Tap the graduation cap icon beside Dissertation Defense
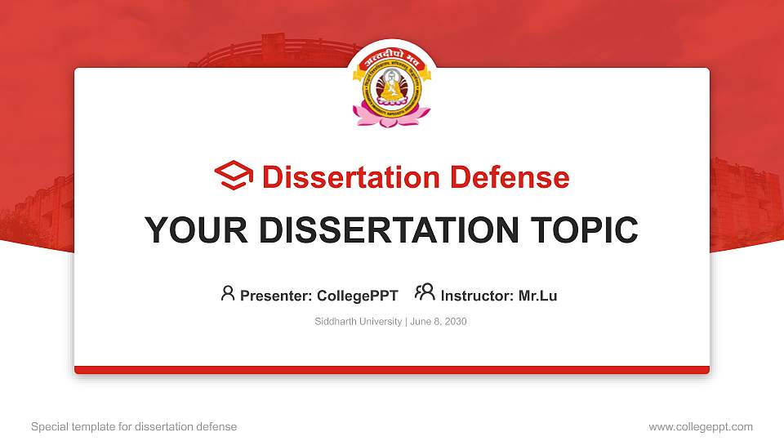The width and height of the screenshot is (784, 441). coord(234,176)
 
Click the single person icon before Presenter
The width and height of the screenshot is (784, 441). coord(228,293)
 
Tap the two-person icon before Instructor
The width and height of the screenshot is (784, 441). coord(425,293)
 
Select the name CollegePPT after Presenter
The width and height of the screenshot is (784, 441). coord(357,296)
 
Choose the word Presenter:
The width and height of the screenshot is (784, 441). coord(276,296)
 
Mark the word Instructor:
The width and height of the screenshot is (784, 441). coord(477,296)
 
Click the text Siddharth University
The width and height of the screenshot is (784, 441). coord(358,322)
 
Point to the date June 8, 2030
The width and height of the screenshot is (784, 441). coord(438,322)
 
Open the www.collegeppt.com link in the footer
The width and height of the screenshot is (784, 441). coord(700,426)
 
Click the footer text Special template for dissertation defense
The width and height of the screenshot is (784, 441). coord(134,426)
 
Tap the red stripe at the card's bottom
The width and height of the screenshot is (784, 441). coord(392,370)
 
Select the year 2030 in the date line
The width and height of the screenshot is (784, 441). coord(455,322)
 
